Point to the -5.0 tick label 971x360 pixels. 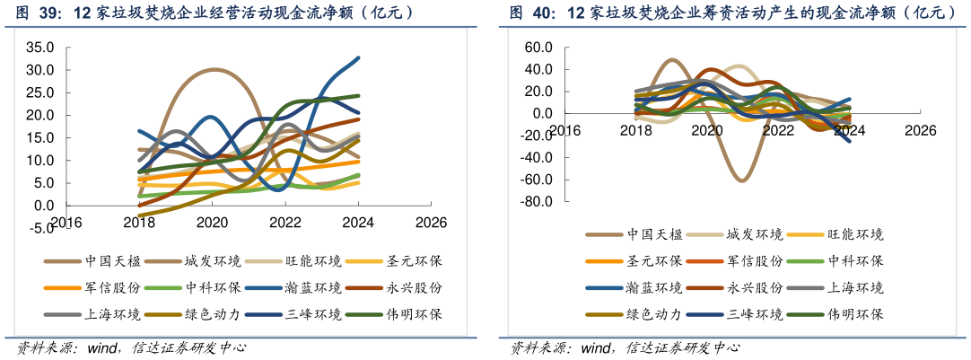click(40, 228)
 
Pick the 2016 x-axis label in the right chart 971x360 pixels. click(564, 130)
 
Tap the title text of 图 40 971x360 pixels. click(727, 13)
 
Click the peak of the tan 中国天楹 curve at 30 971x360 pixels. click(214, 70)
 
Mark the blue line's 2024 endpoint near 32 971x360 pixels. click(358, 58)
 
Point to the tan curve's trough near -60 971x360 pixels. click(743, 180)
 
